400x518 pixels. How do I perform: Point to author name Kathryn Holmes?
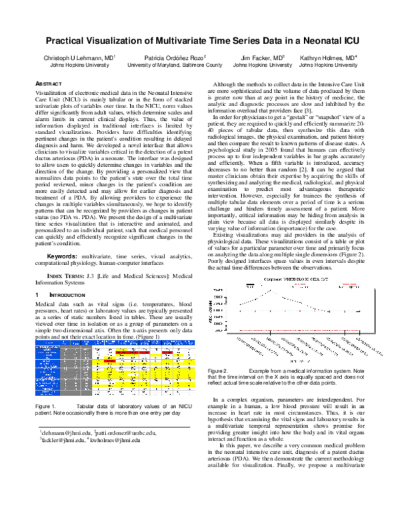[x=328, y=58]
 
